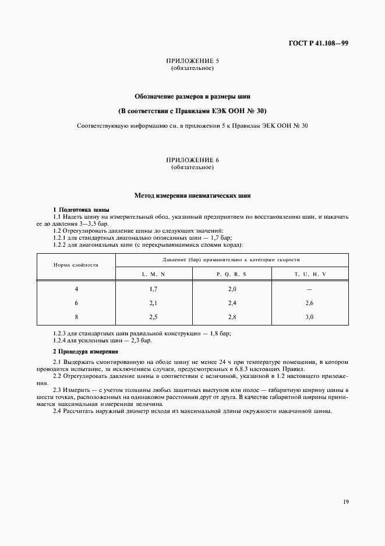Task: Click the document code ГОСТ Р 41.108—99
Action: click(318, 43)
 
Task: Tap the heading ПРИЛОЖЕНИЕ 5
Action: click(192, 61)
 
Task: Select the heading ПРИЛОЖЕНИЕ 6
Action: click(192, 160)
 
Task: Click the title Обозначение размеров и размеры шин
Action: click(192, 96)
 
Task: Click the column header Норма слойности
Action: click(76, 265)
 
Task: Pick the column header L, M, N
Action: click(153, 274)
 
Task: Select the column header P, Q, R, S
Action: click(231, 274)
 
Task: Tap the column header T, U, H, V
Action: click(309, 274)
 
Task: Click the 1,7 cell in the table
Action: click(153, 289)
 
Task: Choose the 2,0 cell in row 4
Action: click(231, 289)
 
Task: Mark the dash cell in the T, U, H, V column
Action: click(309, 289)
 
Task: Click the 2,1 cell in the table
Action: click(153, 303)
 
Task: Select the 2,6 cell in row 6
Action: click(309, 303)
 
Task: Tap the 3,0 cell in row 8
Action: click(309, 317)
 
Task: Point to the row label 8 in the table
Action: click(76, 317)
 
